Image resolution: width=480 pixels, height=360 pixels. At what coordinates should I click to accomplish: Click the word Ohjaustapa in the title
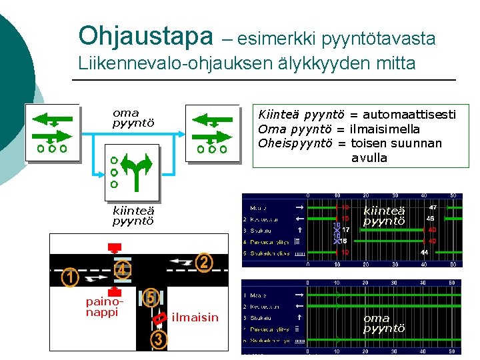(142, 36)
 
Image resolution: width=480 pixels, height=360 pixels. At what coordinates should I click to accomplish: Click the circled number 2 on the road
(204, 263)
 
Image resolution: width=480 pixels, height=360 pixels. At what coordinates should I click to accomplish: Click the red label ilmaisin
(195, 317)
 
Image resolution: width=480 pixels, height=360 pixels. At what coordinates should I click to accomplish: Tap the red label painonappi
(102, 307)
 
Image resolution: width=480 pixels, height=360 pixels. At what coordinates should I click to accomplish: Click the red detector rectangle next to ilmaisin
(159, 320)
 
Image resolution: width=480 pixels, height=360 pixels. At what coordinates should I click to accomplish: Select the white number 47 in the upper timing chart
(433, 207)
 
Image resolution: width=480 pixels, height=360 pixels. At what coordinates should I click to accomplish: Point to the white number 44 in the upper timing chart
(424, 253)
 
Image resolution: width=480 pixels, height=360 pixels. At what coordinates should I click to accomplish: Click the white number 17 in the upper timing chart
(346, 229)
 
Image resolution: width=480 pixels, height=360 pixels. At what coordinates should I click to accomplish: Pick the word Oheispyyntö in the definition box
(294, 143)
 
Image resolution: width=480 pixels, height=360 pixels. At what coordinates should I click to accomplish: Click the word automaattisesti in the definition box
(409, 114)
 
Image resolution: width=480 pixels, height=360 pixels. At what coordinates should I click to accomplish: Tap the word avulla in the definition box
(369, 158)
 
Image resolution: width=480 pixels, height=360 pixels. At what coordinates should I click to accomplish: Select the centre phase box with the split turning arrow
(132, 172)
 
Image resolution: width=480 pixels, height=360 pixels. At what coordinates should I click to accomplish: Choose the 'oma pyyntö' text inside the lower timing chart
(384, 323)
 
